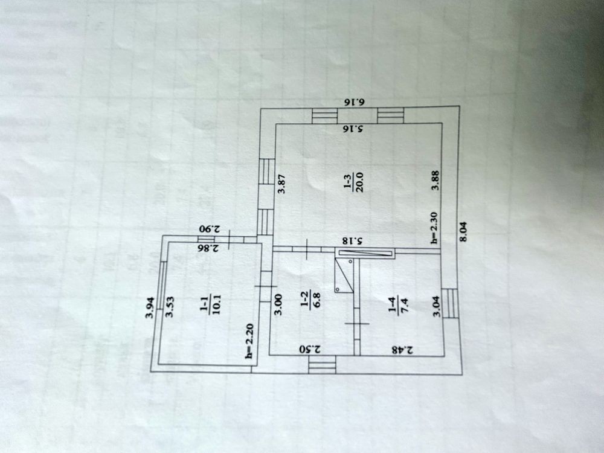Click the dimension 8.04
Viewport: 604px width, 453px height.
463,231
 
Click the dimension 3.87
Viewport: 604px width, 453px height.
281,183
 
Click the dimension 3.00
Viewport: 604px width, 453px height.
278,302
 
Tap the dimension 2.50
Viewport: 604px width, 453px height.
310,349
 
